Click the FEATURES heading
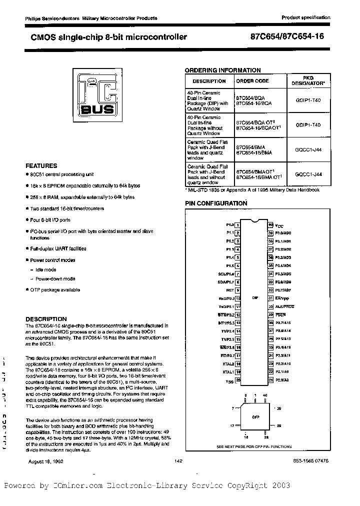coord(41,165)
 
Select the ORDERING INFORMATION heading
coord(222,70)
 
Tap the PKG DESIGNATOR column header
coord(308,80)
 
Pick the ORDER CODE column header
coord(252,80)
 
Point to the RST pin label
coord(230,290)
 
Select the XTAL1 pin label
coord(229,372)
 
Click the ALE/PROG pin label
coord(284,306)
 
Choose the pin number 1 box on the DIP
coord(238,225)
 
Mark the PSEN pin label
coord(280,314)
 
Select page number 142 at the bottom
coord(178,461)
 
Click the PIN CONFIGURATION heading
coord(216,203)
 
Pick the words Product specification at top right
coord(306,17)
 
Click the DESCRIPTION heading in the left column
coord(46,319)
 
